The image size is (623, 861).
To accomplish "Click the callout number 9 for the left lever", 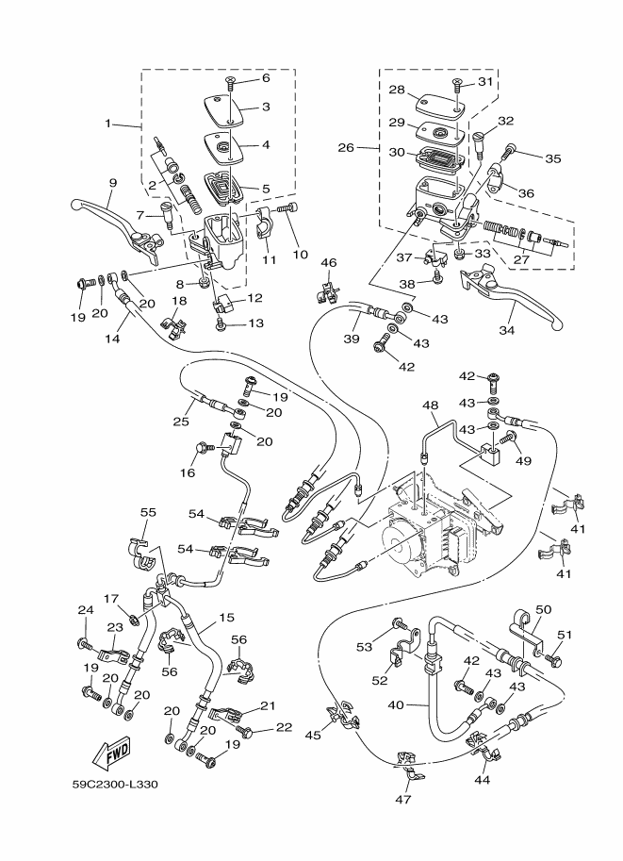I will click(x=112, y=183).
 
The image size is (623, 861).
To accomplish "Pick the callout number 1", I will click(x=108, y=124).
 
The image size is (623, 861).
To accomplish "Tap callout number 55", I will click(x=149, y=511).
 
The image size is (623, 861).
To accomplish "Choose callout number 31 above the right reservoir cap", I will click(x=485, y=81).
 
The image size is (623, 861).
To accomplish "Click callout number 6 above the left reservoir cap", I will click(x=266, y=77).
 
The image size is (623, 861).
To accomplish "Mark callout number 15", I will click(x=226, y=618).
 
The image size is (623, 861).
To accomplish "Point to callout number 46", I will click(x=328, y=262).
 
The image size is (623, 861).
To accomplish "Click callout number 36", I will click(x=526, y=192).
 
